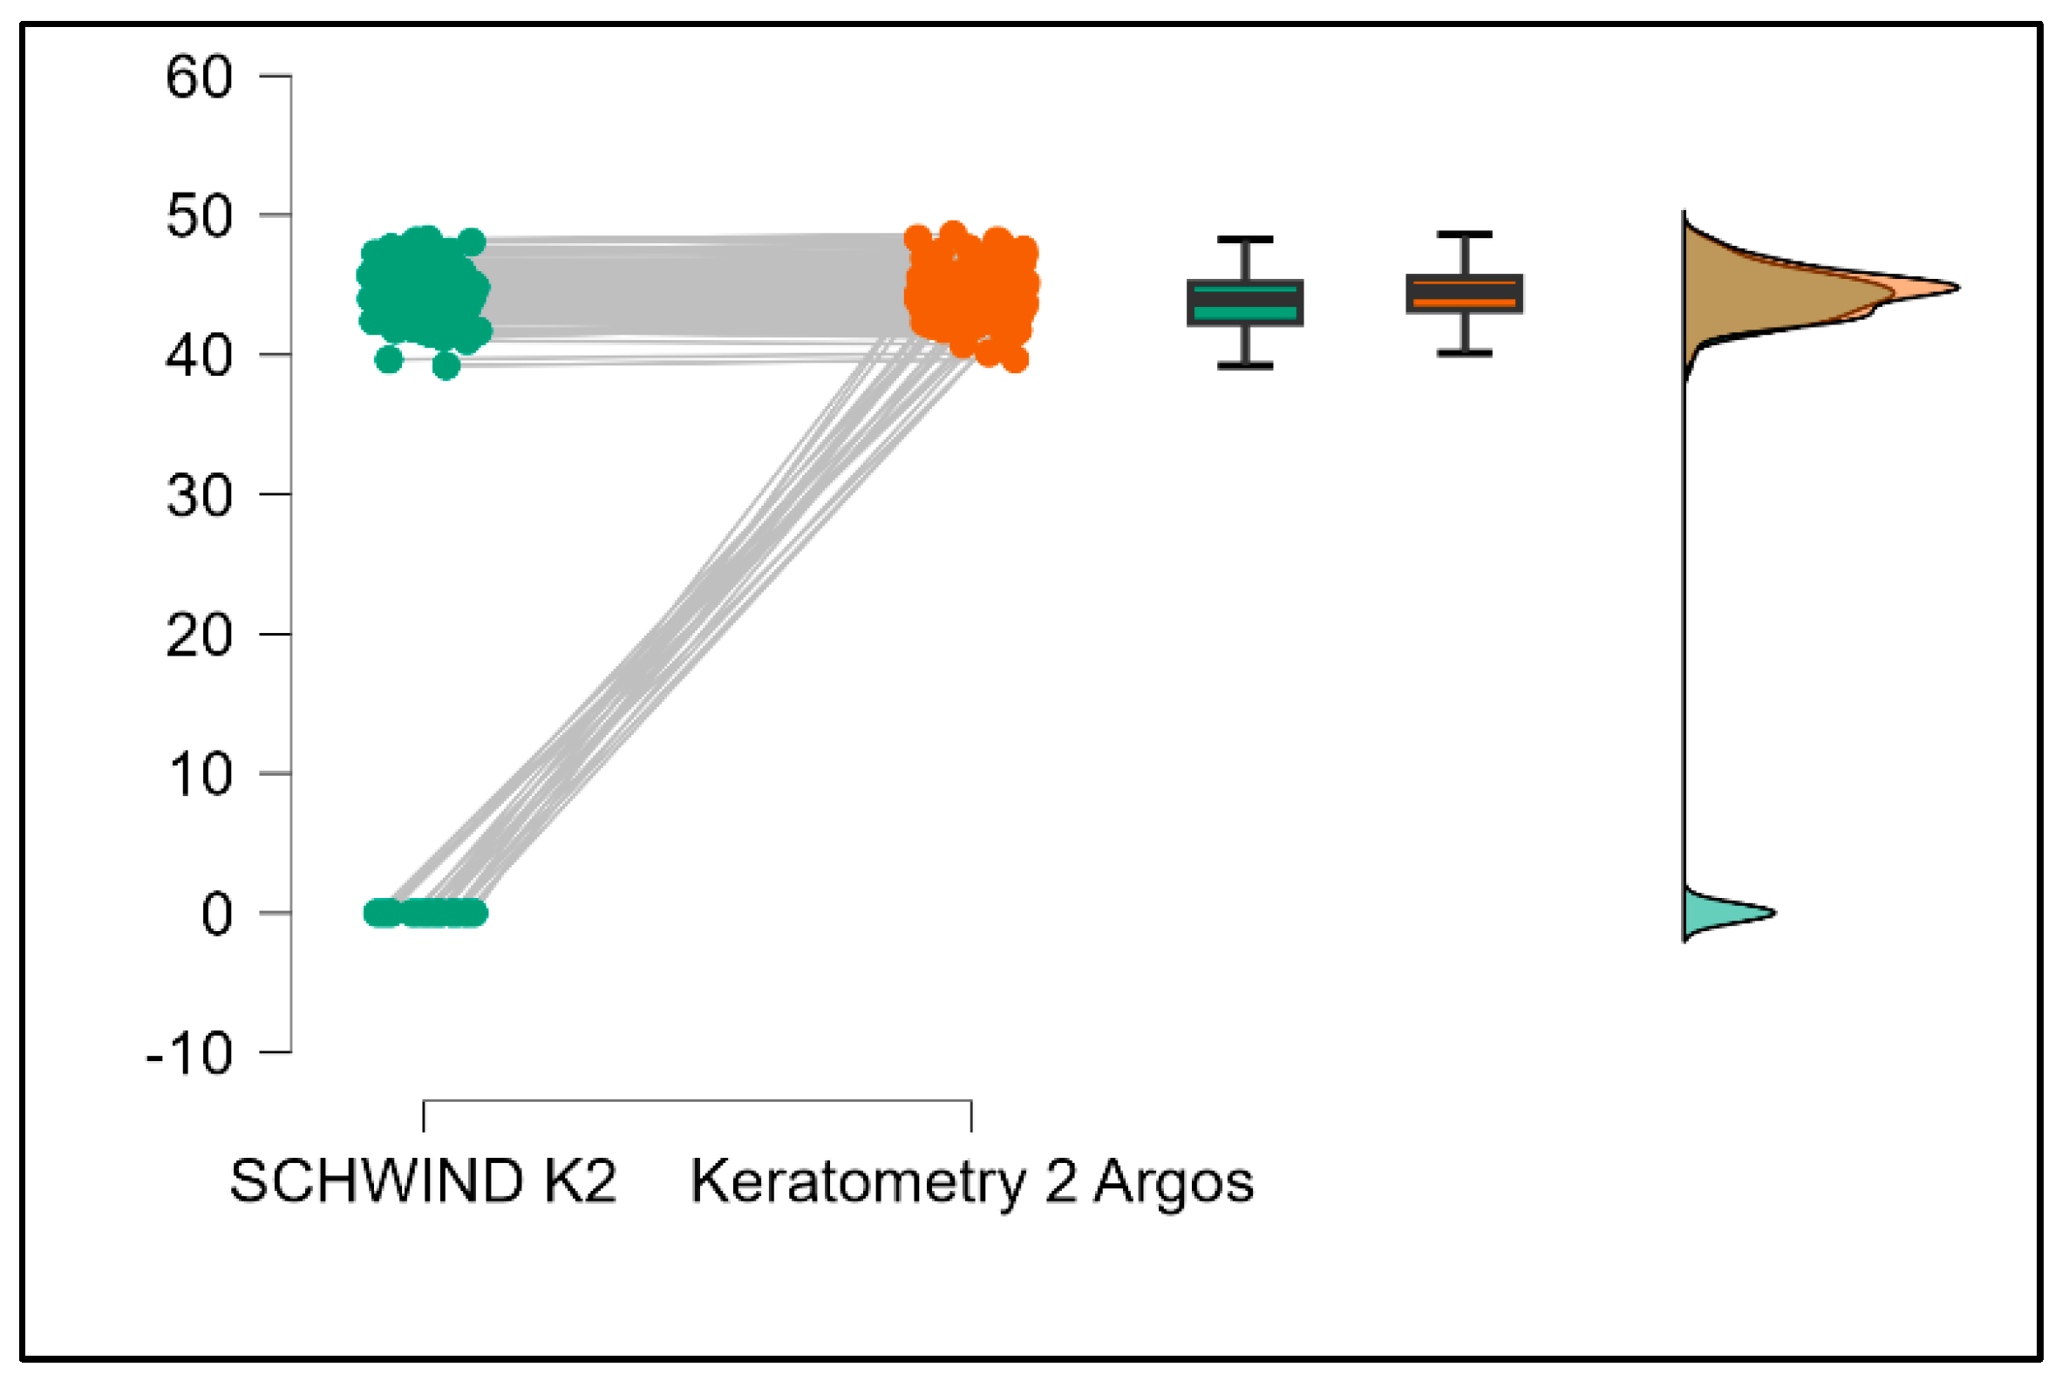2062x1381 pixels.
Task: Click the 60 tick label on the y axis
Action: tap(199, 78)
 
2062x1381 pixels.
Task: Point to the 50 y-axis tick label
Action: tap(199, 217)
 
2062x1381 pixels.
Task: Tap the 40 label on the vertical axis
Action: tap(199, 356)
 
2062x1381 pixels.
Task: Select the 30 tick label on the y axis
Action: tap(199, 496)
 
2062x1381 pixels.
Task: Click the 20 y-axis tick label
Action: tap(199, 635)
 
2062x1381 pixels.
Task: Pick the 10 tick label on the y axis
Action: tap(199, 775)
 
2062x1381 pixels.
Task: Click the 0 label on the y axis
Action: tap(216, 915)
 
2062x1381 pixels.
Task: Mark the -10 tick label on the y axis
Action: tap(188, 1053)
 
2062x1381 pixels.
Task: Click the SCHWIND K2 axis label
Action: tap(423, 1181)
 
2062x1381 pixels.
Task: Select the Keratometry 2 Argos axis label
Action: tap(971, 1181)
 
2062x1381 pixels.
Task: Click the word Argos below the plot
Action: tap(1174, 1181)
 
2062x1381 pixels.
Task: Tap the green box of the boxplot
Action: tap(1244, 303)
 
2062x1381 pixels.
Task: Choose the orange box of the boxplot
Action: tap(1464, 294)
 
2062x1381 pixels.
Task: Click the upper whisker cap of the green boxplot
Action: tap(1244, 240)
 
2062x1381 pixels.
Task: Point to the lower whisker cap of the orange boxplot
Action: tap(1464, 353)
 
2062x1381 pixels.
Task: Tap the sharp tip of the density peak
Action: tap(1956, 287)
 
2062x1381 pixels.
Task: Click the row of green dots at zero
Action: tap(425, 914)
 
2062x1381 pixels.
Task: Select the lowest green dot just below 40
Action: tap(446, 365)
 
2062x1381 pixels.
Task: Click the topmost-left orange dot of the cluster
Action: tap(918, 237)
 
